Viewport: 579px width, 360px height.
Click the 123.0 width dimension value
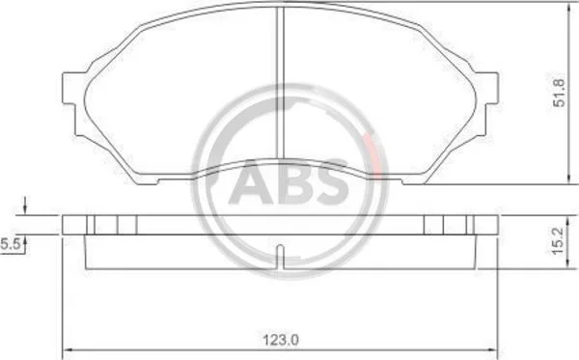[x=281, y=340]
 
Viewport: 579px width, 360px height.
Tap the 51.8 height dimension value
[x=559, y=93]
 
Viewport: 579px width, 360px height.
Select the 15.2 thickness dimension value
[x=559, y=240]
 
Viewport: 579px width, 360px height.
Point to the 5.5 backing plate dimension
[x=10, y=243]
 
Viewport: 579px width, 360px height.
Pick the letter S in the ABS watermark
[x=330, y=181]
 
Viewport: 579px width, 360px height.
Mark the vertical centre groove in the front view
[x=280, y=83]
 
